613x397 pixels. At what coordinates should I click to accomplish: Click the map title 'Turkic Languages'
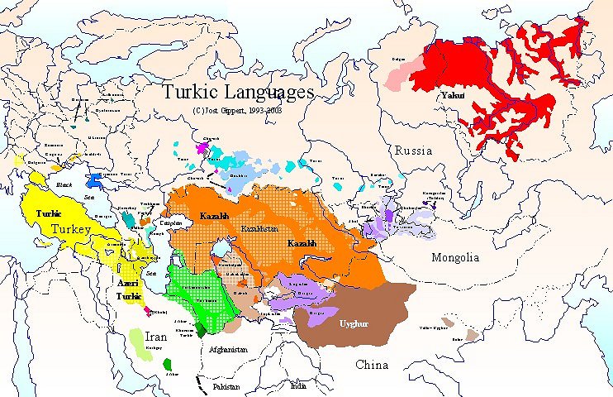(x=238, y=91)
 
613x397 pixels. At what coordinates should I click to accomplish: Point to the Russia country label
(x=413, y=151)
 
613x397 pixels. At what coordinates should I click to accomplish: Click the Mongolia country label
(x=455, y=257)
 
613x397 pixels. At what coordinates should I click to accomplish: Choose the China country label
(x=372, y=365)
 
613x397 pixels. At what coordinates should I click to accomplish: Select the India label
(x=297, y=385)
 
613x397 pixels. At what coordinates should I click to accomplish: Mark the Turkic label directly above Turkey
(x=49, y=213)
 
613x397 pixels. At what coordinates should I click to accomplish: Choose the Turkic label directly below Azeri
(x=130, y=294)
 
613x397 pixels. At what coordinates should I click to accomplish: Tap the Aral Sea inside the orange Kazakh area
(x=220, y=247)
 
